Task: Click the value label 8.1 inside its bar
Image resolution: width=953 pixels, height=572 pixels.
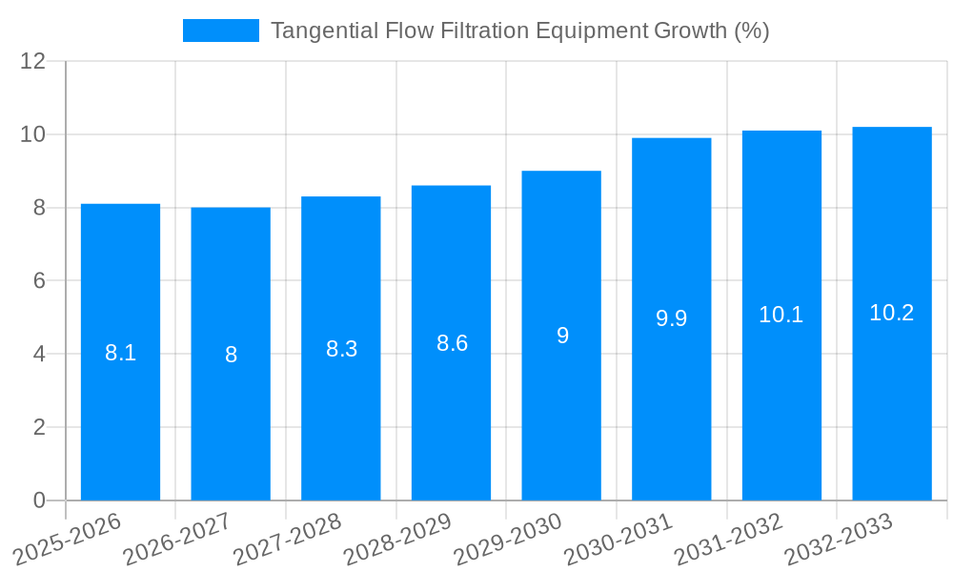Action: coord(120,353)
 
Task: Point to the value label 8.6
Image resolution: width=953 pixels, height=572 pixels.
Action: coord(452,343)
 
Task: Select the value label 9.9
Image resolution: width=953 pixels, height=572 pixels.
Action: coord(672,318)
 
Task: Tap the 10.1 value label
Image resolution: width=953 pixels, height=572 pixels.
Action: coord(781,315)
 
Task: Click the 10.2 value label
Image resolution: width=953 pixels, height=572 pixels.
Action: coord(892,313)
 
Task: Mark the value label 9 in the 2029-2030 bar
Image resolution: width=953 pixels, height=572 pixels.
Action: coord(562,336)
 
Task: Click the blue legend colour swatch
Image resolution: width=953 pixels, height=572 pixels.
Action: coord(220,31)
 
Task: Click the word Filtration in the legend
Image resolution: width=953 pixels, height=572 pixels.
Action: coord(484,31)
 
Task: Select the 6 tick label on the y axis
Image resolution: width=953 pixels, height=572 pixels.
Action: coord(39,281)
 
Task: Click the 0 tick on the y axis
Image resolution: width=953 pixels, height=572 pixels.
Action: coord(39,500)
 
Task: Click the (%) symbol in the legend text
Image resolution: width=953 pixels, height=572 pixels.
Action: coord(751,31)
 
